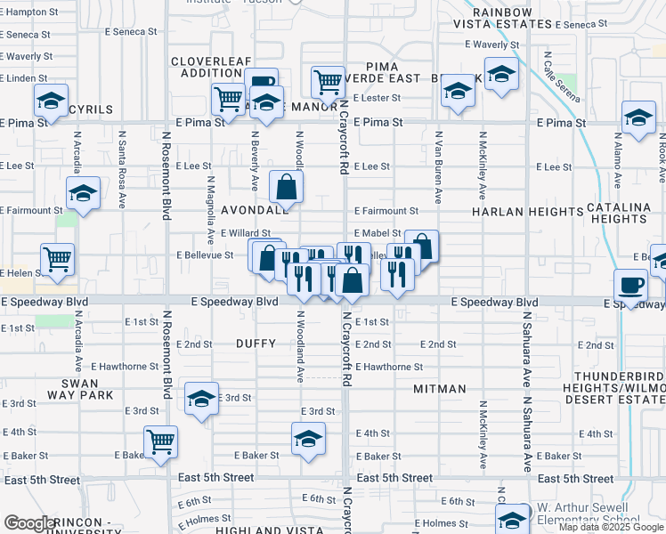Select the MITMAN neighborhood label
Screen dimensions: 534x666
(x=440, y=389)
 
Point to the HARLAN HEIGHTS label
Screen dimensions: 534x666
(x=527, y=212)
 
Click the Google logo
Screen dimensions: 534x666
(x=30, y=523)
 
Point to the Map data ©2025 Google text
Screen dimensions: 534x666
(x=611, y=527)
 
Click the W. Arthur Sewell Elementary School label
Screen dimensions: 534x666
(x=589, y=513)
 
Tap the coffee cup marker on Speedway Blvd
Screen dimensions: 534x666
(x=631, y=286)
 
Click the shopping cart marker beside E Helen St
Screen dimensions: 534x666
(x=57, y=260)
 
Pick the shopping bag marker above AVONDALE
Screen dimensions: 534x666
(x=287, y=188)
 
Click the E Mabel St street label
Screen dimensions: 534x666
(x=378, y=233)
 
